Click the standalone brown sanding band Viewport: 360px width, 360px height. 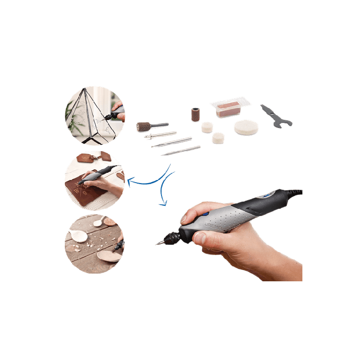196,115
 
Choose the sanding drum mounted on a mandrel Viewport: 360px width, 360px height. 146,127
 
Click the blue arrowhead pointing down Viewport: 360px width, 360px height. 163,205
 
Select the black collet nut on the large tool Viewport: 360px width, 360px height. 172,236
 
